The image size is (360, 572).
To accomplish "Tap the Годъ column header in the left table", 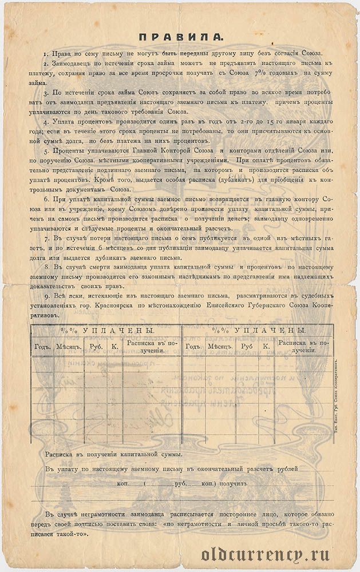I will [x=43, y=346].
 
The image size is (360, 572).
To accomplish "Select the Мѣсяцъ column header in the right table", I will [x=219, y=346].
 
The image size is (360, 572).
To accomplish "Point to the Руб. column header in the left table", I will [x=93, y=346].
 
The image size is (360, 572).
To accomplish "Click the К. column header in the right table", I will [x=266, y=346].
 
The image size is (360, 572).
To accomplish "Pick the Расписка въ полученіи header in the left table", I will [x=151, y=346].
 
